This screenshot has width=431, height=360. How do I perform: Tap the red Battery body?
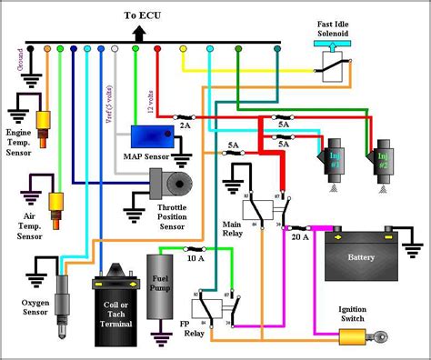pyautogui.click(x=361, y=255)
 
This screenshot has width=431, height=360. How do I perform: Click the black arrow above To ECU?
pyautogui.click(x=139, y=32)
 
